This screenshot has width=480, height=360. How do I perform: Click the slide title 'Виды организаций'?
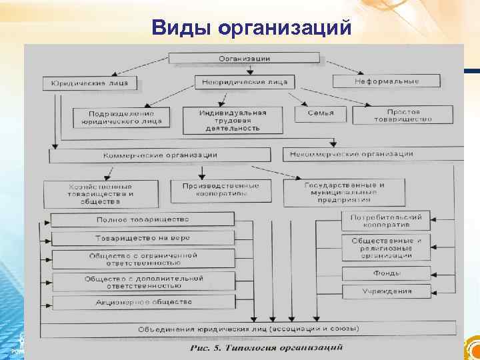(x=251, y=28)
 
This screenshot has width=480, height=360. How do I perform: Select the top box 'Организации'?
(x=245, y=59)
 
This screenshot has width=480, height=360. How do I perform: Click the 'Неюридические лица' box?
(x=244, y=82)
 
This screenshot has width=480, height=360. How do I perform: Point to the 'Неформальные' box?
(x=387, y=81)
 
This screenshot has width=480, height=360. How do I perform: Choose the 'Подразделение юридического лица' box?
(x=121, y=118)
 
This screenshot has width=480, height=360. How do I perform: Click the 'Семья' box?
(x=321, y=113)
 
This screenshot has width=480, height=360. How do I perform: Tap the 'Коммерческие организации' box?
(x=160, y=155)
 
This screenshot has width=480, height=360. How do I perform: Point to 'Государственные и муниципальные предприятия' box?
(x=344, y=191)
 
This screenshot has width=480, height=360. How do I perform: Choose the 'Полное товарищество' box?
(x=142, y=219)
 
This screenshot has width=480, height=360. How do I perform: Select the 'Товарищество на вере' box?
(x=142, y=238)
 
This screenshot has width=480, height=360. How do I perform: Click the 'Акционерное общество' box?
(x=142, y=301)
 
